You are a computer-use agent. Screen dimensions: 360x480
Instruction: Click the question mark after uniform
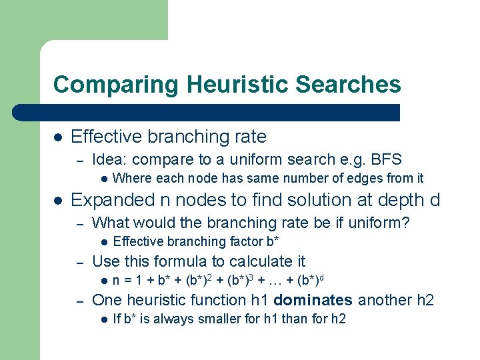click(x=405, y=222)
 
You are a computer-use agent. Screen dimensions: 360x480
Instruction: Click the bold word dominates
click(x=313, y=300)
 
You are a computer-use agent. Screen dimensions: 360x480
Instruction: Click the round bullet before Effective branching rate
click(x=58, y=137)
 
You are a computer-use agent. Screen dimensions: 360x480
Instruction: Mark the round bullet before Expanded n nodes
click(x=58, y=200)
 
